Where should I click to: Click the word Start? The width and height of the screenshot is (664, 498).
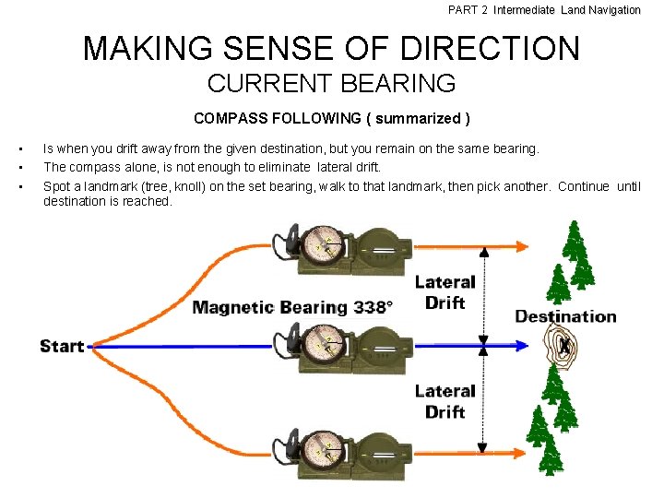pos(62,347)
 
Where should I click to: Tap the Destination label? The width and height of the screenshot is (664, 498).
pos(565,316)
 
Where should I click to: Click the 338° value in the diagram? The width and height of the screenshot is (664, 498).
pos(373,307)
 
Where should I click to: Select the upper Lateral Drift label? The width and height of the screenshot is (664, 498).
pos(445,292)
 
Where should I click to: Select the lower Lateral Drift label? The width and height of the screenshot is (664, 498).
pos(445,401)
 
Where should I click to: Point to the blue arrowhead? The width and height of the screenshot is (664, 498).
pos(522,347)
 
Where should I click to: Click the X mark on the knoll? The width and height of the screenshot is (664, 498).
pos(564,346)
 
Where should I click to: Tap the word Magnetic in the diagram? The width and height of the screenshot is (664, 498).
pos(232,307)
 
